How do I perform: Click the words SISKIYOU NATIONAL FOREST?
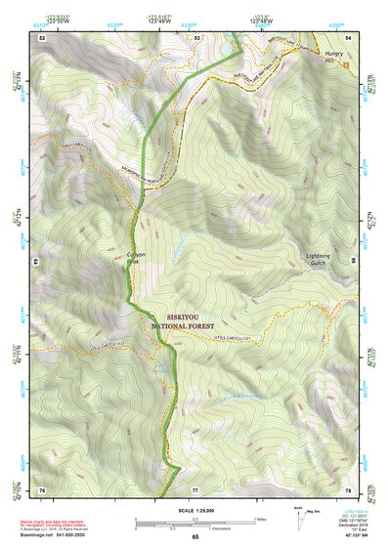tap(194, 321)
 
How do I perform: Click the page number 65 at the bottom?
tap(194, 537)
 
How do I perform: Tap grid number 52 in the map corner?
tap(42, 37)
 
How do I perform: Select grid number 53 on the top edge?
tap(197, 37)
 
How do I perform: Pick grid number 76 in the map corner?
tap(42, 488)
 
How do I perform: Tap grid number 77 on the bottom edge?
tap(195, 488)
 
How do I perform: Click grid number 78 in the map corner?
tap(347, 488)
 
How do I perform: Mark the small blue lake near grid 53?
tap(228, 46)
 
